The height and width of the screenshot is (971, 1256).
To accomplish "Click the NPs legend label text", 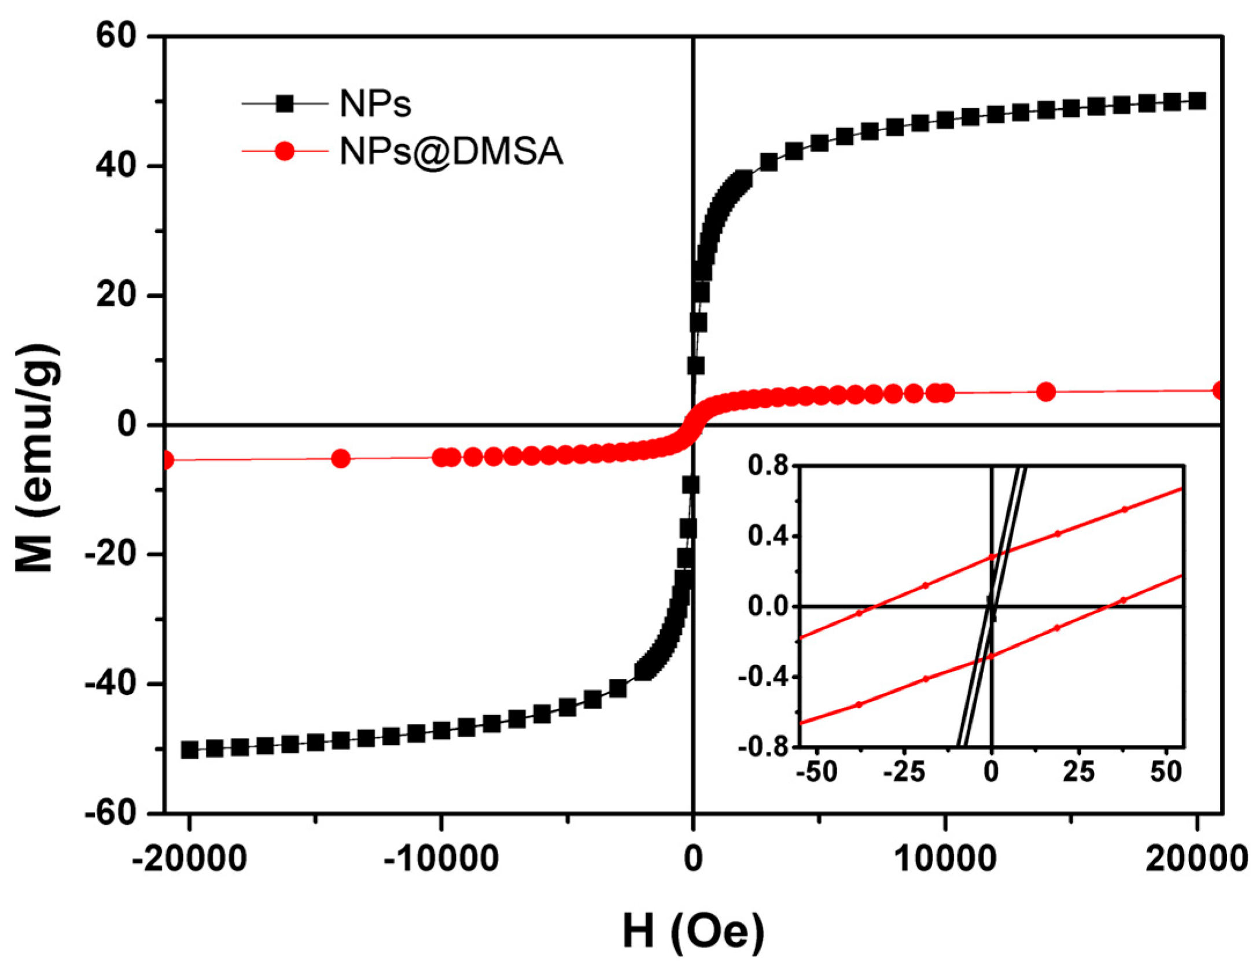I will (x=375, y=105).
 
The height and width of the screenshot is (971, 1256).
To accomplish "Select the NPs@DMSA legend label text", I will (x=451, y=152).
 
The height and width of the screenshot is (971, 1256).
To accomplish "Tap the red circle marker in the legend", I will (x=285, y=152).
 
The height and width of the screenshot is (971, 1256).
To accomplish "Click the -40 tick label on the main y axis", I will (x=109, y=685).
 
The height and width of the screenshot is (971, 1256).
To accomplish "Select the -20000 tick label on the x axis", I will (x=189, y=860).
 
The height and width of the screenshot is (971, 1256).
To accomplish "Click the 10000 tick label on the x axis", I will (x=945, y=860).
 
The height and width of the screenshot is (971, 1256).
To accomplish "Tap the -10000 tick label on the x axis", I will (x=441, y=860).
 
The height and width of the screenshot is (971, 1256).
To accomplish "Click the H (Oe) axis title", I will (x=693, y=931).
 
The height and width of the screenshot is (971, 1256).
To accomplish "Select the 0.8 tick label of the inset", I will (x=767, y=466).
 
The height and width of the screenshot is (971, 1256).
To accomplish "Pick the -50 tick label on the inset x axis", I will (x=816, y=771).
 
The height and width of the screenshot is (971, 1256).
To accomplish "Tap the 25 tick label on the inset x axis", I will (x=1078, y=771).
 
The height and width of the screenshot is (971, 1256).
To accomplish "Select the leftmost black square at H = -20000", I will (x=189, y=750).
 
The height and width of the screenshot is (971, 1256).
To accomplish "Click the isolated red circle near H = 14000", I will (x=1046, y=392).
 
